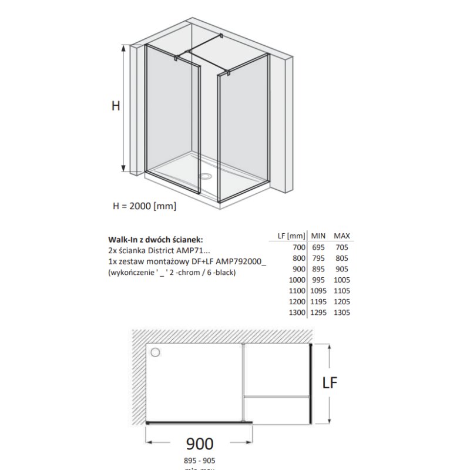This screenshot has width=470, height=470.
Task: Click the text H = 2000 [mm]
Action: point(144,206)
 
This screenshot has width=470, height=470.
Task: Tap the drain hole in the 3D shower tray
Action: point(207,175)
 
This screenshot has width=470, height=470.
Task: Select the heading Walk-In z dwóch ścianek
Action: point(156,240)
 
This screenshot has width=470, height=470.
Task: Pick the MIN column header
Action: point(320,236)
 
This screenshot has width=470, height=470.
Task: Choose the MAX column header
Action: point(342,236)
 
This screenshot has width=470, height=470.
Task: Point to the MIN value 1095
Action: point(318,291)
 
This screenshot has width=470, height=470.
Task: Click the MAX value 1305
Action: point(341,313)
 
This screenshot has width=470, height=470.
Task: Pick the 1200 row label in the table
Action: point(296,302)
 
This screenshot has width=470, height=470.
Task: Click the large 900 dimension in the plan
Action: point(199,443)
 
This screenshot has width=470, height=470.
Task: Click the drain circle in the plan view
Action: point(156,352)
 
